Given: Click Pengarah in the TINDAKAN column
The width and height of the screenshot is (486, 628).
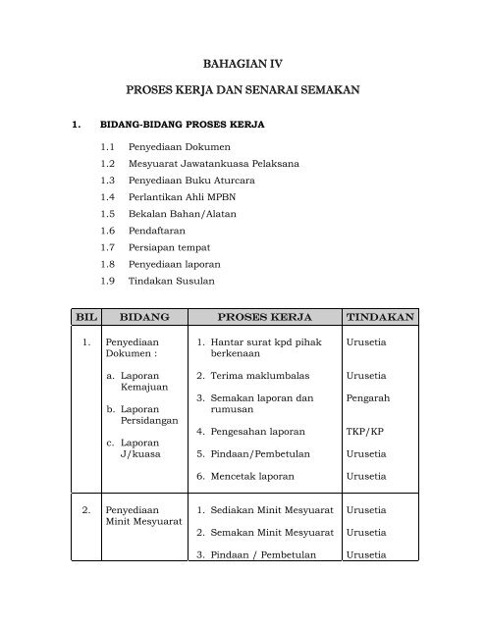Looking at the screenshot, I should tap(365, 398).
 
